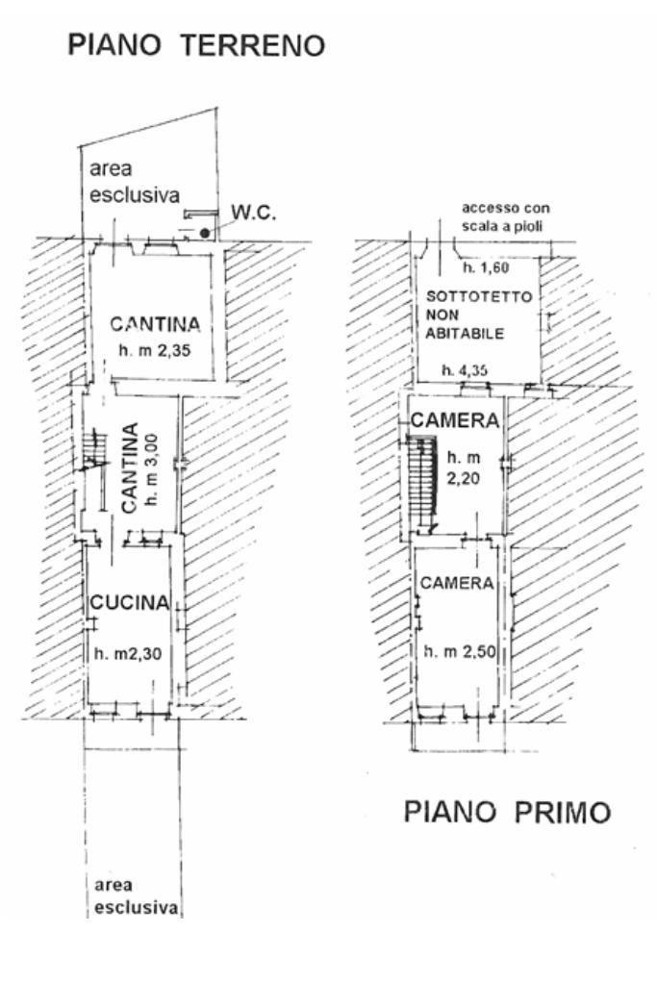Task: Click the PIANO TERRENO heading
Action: pyautogui.click(x=195, y=44)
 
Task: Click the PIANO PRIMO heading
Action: pyautogui.click(x=507, y=812)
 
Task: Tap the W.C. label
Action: pyautogui.click(x=255, y=214)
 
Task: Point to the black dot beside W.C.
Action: pyautogui.click(x=205, y=233)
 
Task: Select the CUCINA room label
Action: pyautogui.click(x=130, y=603)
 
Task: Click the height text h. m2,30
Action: pyautogui.click(x=130, y=654)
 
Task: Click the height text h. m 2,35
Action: pyautogui.click(x=155, y=350)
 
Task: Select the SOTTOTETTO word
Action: pyautogui.click(x=478, y=297)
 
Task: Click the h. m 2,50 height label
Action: pyautogui.click(x=459, y=651)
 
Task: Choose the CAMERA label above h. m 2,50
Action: pyautogui.click(x=457, y=583)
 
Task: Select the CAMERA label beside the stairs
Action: pyautogui.click(x=455, y=421)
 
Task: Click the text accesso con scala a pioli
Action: pyautogui.click(x=507, y=216)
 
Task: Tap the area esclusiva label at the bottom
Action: pyautogui.click(x=137, y=896)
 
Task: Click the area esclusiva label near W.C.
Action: pyautogui.click(x=135, y=182)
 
